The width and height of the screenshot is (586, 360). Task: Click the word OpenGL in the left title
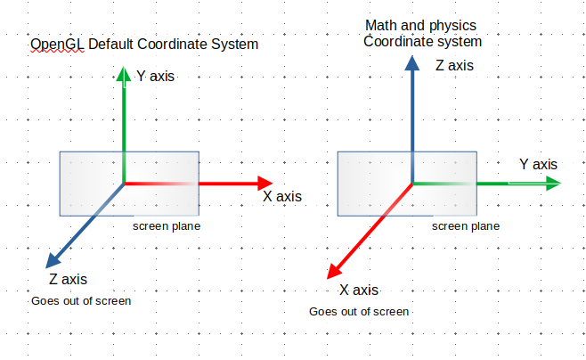click(x=57, y=45)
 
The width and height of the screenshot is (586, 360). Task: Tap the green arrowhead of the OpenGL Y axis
click(x=124, y=74)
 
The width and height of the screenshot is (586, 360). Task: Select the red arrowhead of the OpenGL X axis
click(x=265, y=184)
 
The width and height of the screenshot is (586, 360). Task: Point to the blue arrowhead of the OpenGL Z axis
click(x=53, y=260)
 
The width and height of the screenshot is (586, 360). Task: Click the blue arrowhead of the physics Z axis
click(x=411, y=63)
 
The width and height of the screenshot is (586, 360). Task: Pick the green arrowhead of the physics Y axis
click(x=553, y=184)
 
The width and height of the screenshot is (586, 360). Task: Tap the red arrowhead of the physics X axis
click(x=334, y=272)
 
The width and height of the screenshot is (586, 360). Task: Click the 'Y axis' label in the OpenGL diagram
click(x=156, y=76)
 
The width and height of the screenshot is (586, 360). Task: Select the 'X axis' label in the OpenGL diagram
click(x=282, y=196)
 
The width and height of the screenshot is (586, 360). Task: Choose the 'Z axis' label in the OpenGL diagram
click(x=68, y=279)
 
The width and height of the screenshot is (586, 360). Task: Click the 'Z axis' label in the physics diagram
click(x=454, y=65)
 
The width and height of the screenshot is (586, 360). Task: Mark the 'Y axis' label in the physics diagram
click(x=538, y=164)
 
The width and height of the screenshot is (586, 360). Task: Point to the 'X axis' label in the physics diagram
click(x=359, y=290)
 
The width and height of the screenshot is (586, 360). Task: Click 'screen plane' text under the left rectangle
click(x=167, y=226)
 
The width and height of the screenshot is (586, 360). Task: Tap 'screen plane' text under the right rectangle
click(x=466, y=226)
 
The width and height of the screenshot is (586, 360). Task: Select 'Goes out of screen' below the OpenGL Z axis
click(x=81, y=301)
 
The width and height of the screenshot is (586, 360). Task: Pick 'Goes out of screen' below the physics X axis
click(x=359, y=311)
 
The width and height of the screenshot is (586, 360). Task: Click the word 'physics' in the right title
click(x=453, y=26)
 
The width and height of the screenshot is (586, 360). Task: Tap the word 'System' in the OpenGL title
click(x=235, y=45)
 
